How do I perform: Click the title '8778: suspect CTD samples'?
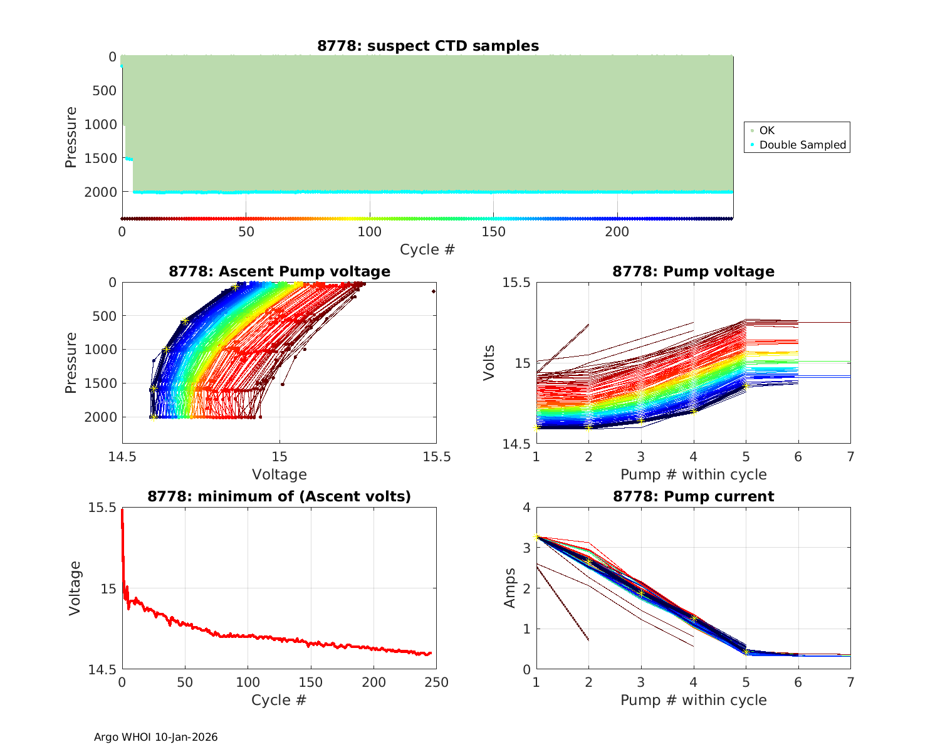pos(428,46)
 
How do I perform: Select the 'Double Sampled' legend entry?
pos(802,145)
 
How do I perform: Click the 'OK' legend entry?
pos(766,130)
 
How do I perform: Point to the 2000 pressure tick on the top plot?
pos(100,192)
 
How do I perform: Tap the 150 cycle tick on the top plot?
pos(493,232)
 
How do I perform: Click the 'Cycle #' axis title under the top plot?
pos(427,249)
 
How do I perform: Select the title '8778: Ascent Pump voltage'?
pos(279,271)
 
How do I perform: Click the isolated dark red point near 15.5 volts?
pos(434,291)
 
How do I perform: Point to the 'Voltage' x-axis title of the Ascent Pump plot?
pos(279,474)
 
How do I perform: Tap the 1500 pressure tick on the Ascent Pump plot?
pos(100,383)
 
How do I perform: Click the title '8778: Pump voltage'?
pos(693,271)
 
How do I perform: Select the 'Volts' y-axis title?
pos(489,362)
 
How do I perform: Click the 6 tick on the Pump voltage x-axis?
pos(798,457)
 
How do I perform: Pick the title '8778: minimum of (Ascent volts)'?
pos(279,496)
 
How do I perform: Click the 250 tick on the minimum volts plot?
pos(437,682)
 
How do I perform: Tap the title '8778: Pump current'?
pos(693,496)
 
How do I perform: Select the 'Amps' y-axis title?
pos(510,588)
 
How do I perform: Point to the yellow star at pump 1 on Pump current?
pos(536,536)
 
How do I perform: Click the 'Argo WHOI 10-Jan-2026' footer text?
pos(155,737)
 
